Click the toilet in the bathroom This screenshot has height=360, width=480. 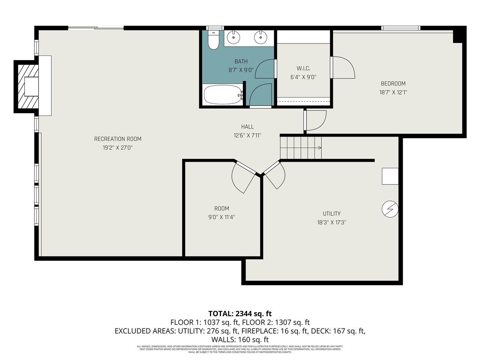pos(213,40)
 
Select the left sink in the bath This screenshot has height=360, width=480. pos(234,37)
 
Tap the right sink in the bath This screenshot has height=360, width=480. pos(259,37)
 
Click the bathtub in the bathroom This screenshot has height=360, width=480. pos(222,95)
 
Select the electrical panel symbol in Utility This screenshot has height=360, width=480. pos(390,209)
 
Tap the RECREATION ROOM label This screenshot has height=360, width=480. pos(118,139)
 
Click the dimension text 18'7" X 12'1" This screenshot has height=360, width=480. pos(393,92)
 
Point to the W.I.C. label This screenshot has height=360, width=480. pos(303,68)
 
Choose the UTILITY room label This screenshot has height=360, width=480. pos(331,214)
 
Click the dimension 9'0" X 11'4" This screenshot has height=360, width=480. pos(222,217)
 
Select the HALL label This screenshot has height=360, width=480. pos(247,127)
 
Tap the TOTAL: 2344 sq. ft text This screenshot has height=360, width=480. pos(240,313)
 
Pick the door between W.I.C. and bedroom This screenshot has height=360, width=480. pos(342,68)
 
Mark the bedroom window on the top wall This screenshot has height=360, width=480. pos(400,28)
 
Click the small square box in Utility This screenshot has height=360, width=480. pos(390,176)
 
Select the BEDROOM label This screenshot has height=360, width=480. pos(393,84)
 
